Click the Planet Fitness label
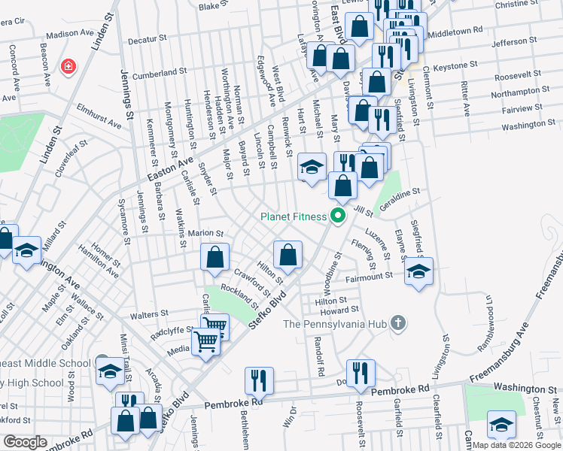pos(293,216)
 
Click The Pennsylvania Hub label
pos(336,324)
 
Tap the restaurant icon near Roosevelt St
pos(361,374)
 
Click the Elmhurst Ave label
pos(99,115)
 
